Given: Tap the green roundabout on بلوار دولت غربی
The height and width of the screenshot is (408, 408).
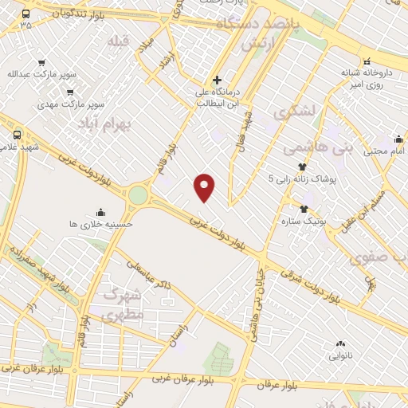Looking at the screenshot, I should tap(139, 195).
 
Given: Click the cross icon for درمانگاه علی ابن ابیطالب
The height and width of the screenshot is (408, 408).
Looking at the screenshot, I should tap(218, 80).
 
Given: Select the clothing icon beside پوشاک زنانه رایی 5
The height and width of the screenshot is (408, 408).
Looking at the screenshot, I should tap(302, 167).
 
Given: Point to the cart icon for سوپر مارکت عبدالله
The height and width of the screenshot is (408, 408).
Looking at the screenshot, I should tap(41, 62).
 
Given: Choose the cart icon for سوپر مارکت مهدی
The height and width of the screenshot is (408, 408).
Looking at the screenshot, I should tap(72, 92).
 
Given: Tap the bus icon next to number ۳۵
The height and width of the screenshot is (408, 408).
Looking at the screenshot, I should tap(26, 14).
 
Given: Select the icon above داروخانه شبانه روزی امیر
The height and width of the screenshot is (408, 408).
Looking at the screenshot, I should tap(367, 61).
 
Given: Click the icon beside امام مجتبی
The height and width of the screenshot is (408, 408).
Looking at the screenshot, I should tap(398, 138).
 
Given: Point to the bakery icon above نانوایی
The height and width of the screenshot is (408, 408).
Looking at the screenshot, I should tap(340, 343).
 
